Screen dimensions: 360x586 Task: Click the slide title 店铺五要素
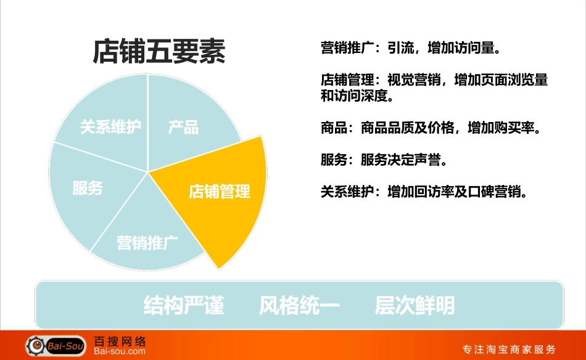[x=159, y=51]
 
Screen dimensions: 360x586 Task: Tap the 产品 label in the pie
[x=183, y=128]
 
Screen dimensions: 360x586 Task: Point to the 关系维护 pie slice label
[x=110, y=127]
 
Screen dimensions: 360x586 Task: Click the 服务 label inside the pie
[x=87, y=188]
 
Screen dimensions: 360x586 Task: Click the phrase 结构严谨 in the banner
[x=184, y=305]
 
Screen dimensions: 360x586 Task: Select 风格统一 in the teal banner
[x=299, y=305]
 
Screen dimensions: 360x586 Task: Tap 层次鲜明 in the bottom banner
[x=415, y=305]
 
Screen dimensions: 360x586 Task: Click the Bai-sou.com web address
[x=120, y=352]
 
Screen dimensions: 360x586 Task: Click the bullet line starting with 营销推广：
[x=410, y=48]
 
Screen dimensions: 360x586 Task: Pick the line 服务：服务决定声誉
[x=383, y=160]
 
